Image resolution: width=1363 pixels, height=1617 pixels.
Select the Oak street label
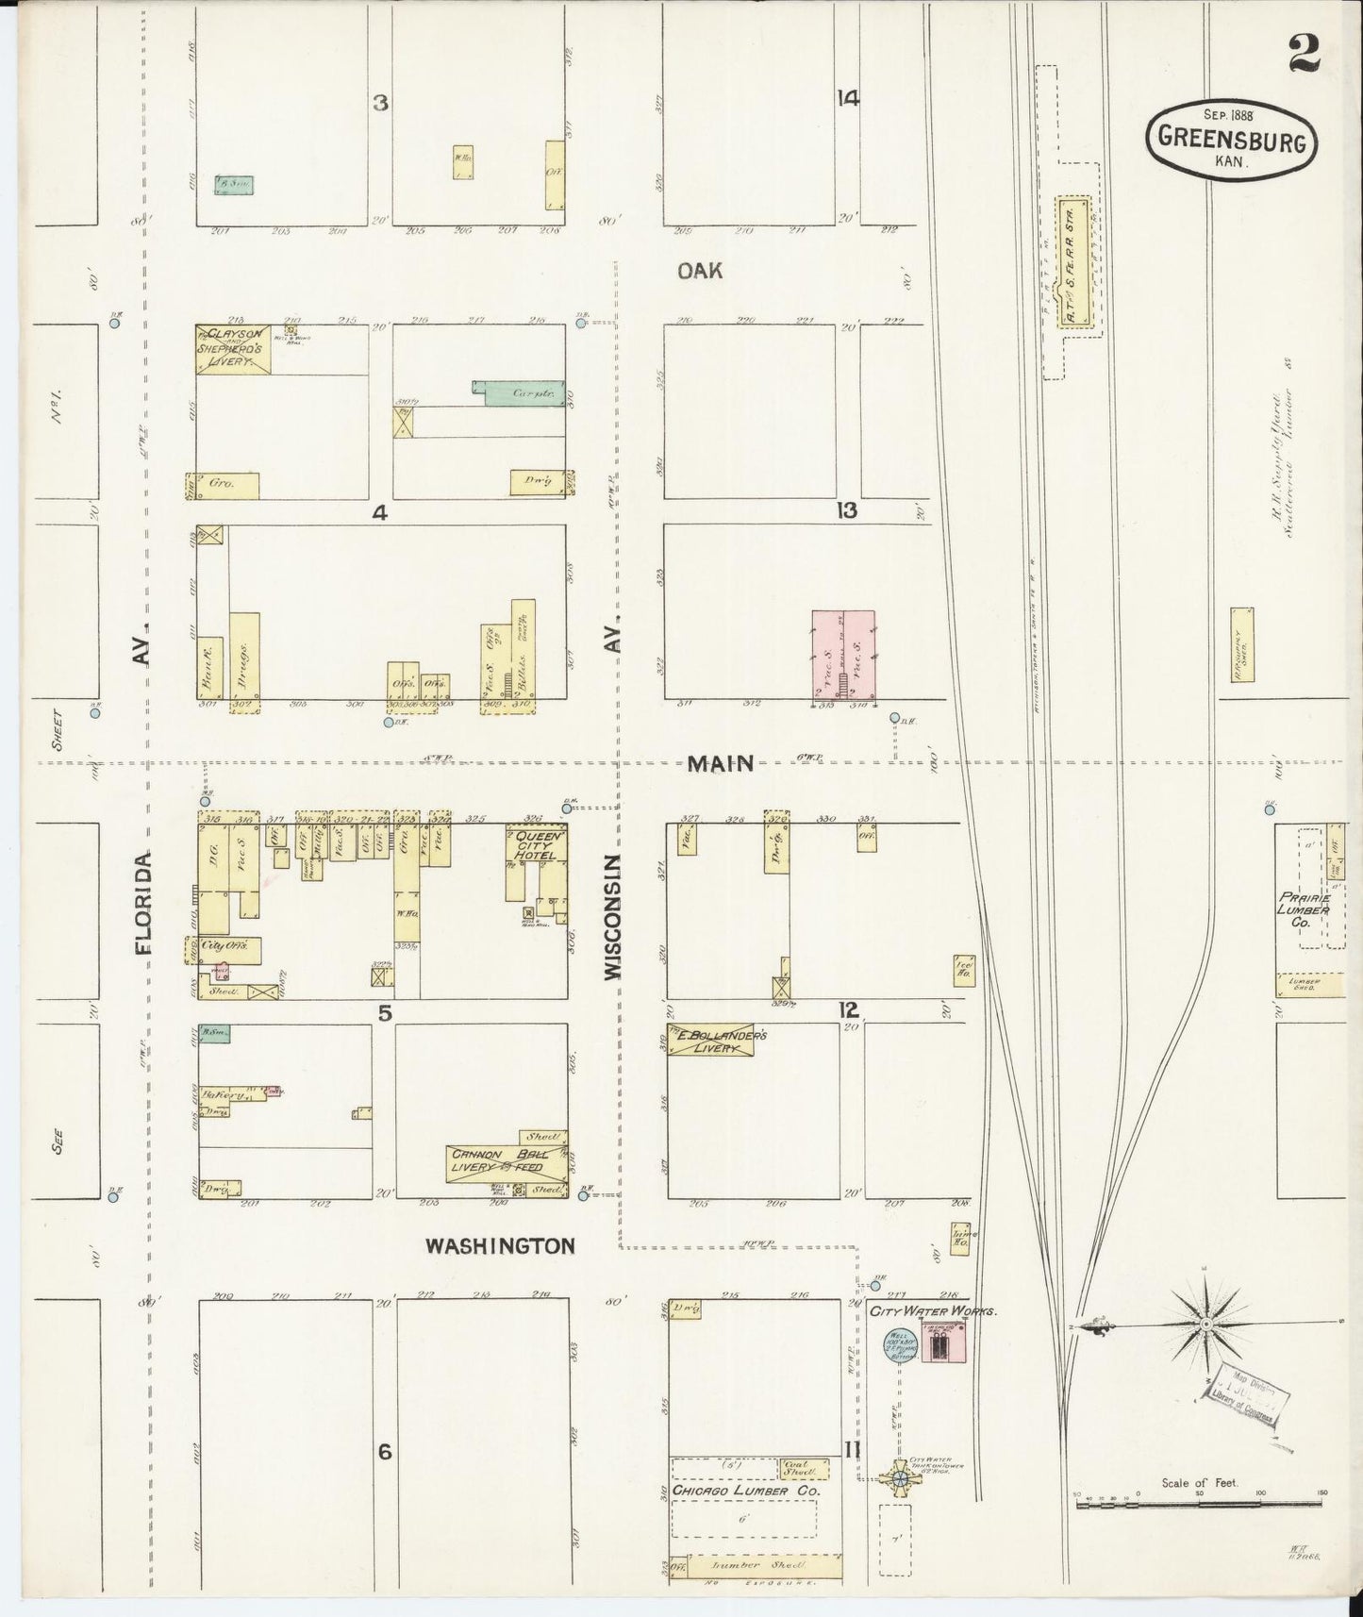click(700, 271)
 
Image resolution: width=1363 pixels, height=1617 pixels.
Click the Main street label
click(720, 764)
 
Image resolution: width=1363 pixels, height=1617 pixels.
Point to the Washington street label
click(500, 1246)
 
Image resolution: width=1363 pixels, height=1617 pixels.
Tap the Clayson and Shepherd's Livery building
click(233, 349)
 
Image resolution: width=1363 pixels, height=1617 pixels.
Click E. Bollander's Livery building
click(717, 1041)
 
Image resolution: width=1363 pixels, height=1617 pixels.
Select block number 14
click(847, 98)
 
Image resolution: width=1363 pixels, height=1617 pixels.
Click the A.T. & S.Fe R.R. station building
click(1073, 264)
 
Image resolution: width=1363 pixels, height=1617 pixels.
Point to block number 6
click(384, 1452)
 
